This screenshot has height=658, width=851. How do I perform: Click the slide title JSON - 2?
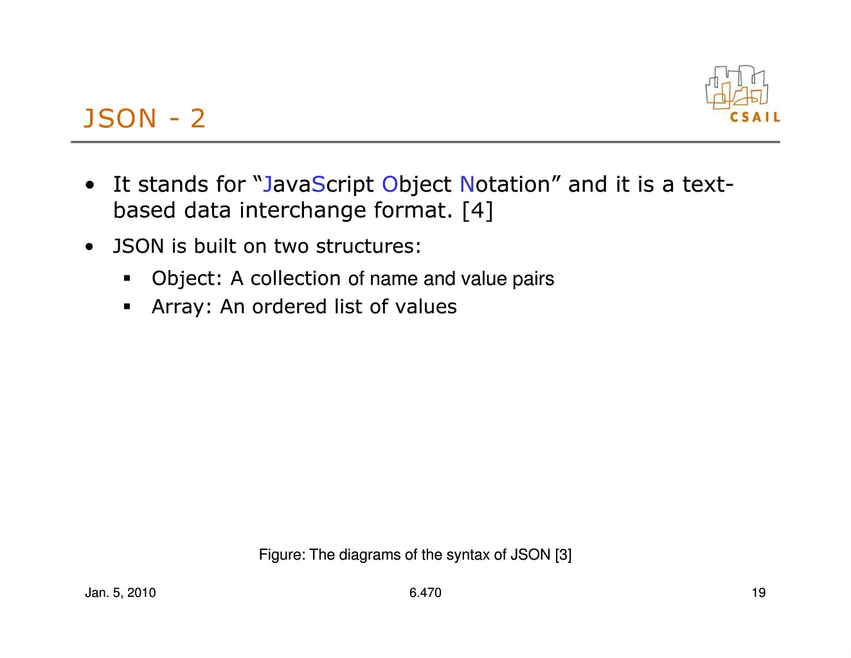coord(144,118)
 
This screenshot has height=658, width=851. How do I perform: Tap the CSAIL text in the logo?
coord(755,117)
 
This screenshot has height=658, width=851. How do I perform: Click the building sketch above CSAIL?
coord(736,87)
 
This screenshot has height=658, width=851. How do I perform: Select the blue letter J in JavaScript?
coord(267,184)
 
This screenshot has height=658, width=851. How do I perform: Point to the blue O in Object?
coord(390,184)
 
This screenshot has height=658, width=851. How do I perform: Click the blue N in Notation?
coord(467,184)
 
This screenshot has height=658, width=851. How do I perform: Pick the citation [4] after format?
coord(477,211)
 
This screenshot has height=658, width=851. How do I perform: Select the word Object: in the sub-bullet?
coord(186,279)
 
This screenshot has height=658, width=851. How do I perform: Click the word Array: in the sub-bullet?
coord(181,307)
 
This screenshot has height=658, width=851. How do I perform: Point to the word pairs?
coord(533,279)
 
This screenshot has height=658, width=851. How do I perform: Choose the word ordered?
coord(289,306)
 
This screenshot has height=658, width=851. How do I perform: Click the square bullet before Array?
coord(127,306)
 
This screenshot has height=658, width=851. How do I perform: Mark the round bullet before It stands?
coord(90,185)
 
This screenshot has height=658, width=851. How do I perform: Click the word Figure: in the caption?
coord(282,555)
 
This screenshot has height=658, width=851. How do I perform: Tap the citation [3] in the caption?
coord(563,555)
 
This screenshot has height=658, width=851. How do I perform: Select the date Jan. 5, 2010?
coord(120,593)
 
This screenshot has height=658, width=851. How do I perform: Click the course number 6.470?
coord(425,593)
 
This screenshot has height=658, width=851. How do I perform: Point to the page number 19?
coord(758,593)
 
